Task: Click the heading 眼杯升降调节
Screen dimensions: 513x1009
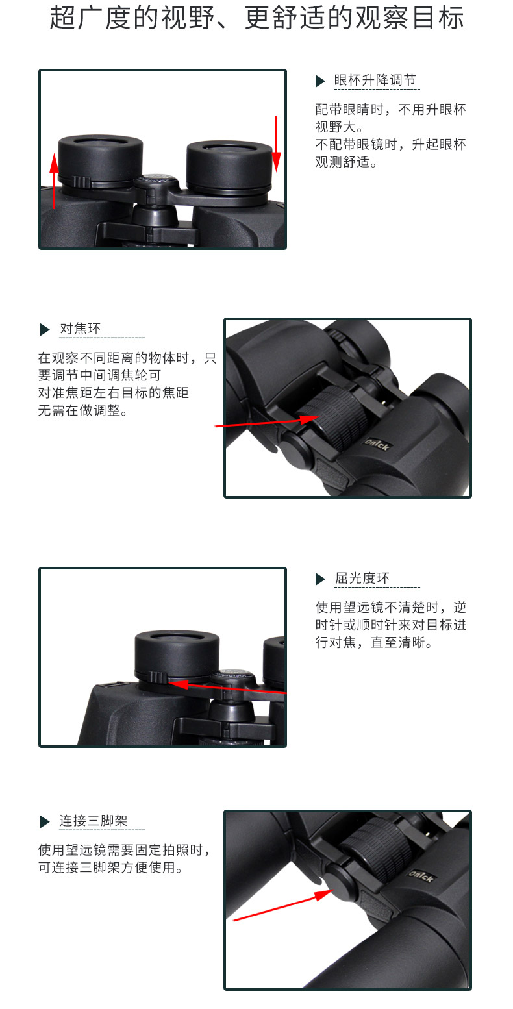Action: pyautogui.click(x=375, y=80)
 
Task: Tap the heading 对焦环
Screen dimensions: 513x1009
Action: pyautogui.click(x=80, y=329)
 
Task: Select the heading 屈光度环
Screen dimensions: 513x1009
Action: pyautogui.click(x=362, y=578)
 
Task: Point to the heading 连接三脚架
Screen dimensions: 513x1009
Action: pyautogui.click(x=94, y=820)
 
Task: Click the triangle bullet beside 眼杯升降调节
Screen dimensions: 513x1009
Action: pyautogui.click(x=320, y=81)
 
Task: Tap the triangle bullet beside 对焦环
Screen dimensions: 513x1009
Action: pyautogui.click(x=45, y=330)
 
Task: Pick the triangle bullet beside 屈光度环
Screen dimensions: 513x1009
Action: pyautogui.click(x=320, y=579)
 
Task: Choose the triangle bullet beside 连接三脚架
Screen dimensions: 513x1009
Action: pyautogui.click(x=45, y=821)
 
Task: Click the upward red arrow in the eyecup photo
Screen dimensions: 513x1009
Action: pyautogui.click(x=54, y=181)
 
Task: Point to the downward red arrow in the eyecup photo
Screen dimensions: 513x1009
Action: pyautogui.click(x=277, y=144)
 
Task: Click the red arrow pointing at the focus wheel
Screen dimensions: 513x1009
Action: pyautogui.click(x=268, y=421)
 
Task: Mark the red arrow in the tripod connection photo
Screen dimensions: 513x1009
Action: pyautogui.click(x=283, y=904)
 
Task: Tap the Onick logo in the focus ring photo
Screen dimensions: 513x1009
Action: pyautogui.click(x=377, y=445)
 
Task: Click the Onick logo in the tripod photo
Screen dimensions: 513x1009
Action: pyautogui.click(x=421, y=876)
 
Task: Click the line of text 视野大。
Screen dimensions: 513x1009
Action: pyautogui.click(x=339, y=127)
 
